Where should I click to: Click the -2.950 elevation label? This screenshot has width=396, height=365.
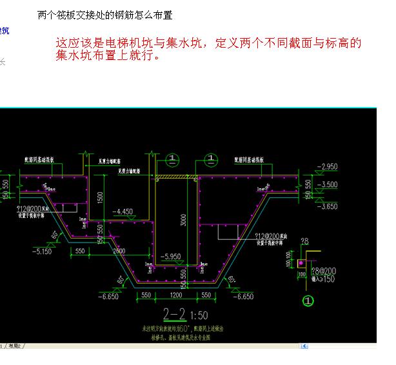pyautogui.click(x=328, y=167)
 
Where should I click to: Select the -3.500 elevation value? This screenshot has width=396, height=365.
pyautogui.click(x=328, y=184)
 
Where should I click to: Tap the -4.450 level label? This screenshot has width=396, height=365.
pyautogui.click(x=122, y=211)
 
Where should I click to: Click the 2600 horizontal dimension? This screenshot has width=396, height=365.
pyautogui.click(x=118, y=250)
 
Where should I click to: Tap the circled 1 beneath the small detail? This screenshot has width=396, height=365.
pyautogui.click(x=308, y=300)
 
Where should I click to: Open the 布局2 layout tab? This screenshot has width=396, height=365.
pyautogui.click(x=14, y=347)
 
